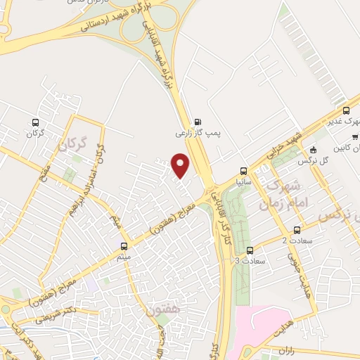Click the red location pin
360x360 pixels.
tap(181, 165)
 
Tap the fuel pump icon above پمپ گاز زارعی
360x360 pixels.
tap(196, 120)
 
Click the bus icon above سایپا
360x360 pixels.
tap(244, 170)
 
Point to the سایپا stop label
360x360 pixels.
tap(244, 181)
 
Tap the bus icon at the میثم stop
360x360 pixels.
tap(124, 246)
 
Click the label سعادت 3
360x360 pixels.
tap(247, 261)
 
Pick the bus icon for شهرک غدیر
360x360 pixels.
tap(345, 110)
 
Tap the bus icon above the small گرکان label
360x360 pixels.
tap(31, 122)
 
